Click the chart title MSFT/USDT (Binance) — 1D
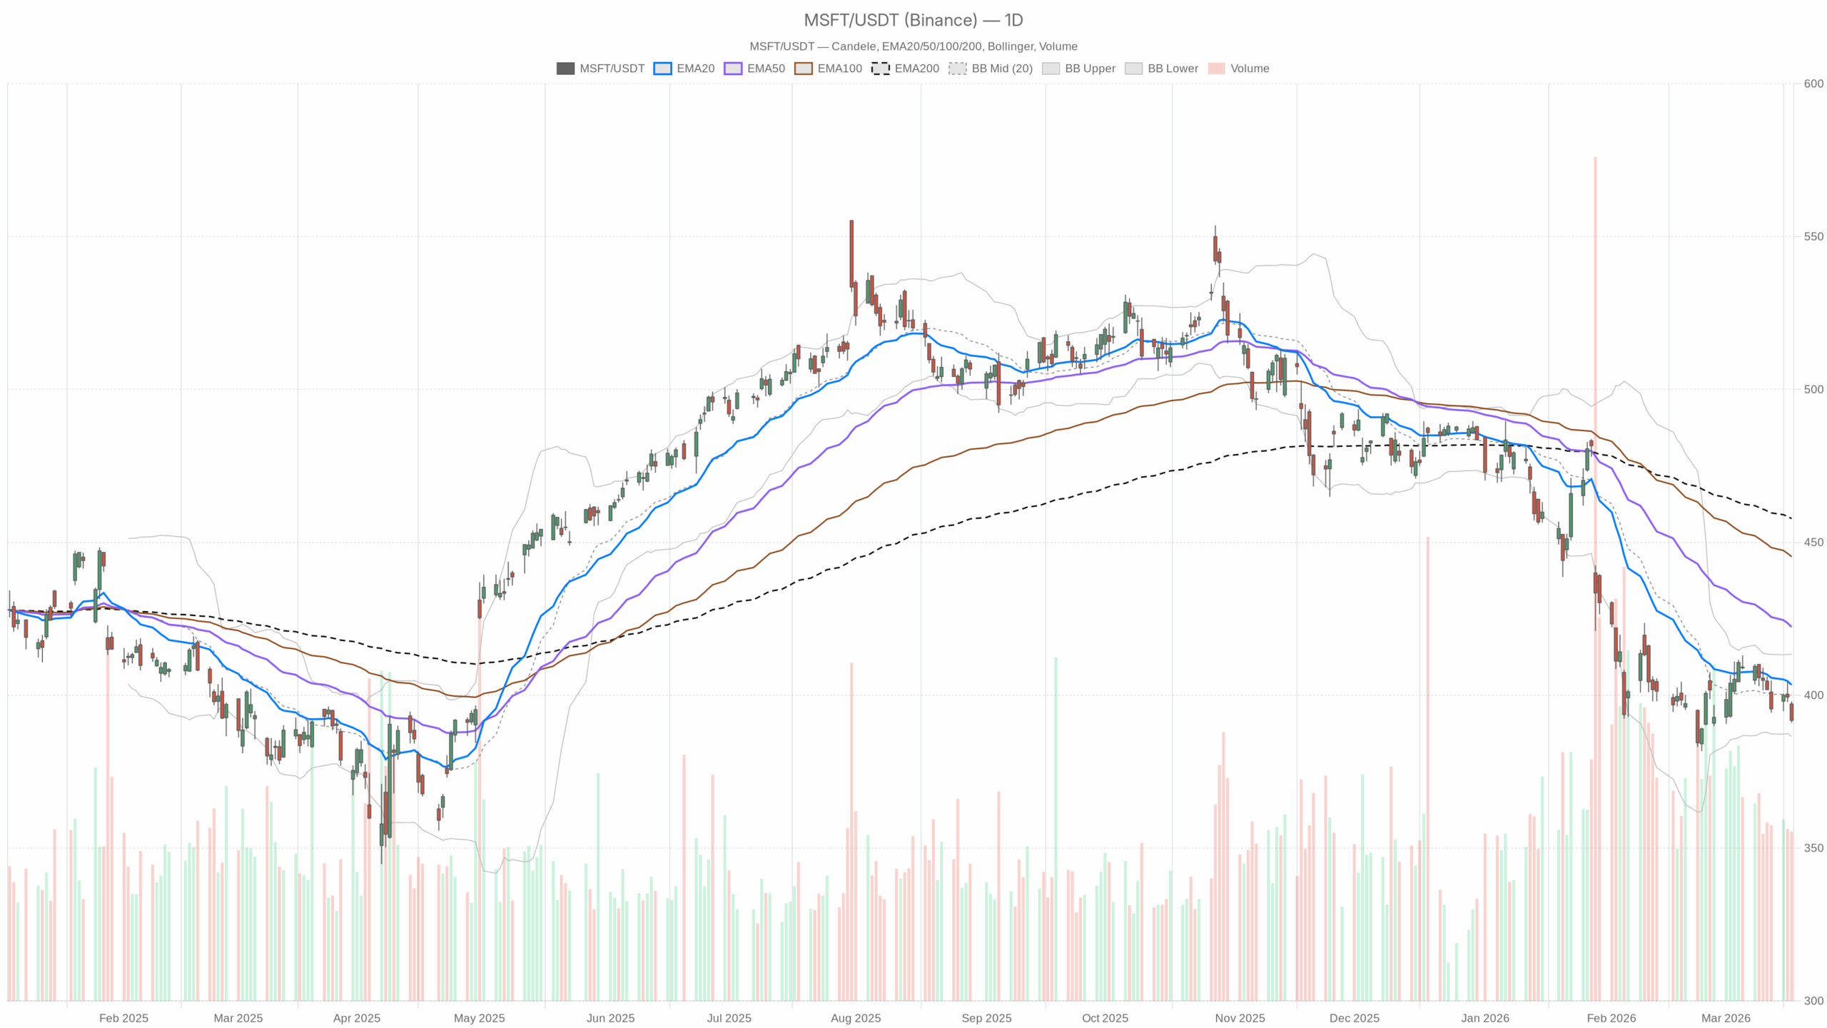(x=913, y=20)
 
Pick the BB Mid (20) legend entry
(x=990, y=69)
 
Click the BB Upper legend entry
(x=1078, y=69)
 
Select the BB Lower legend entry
(x=1161, y=69)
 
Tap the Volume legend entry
(x=1238, y=69)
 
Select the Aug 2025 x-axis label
(x=855, y=1018)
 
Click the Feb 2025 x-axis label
(x=123, y=1018)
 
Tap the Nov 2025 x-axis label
(x=1240, y=1018)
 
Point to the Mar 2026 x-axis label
(x=1725, y=1018)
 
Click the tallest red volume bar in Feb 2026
(x=1595, y=571)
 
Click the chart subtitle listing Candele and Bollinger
(x=913, y=46)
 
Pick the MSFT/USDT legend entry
(x=600, y=69)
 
